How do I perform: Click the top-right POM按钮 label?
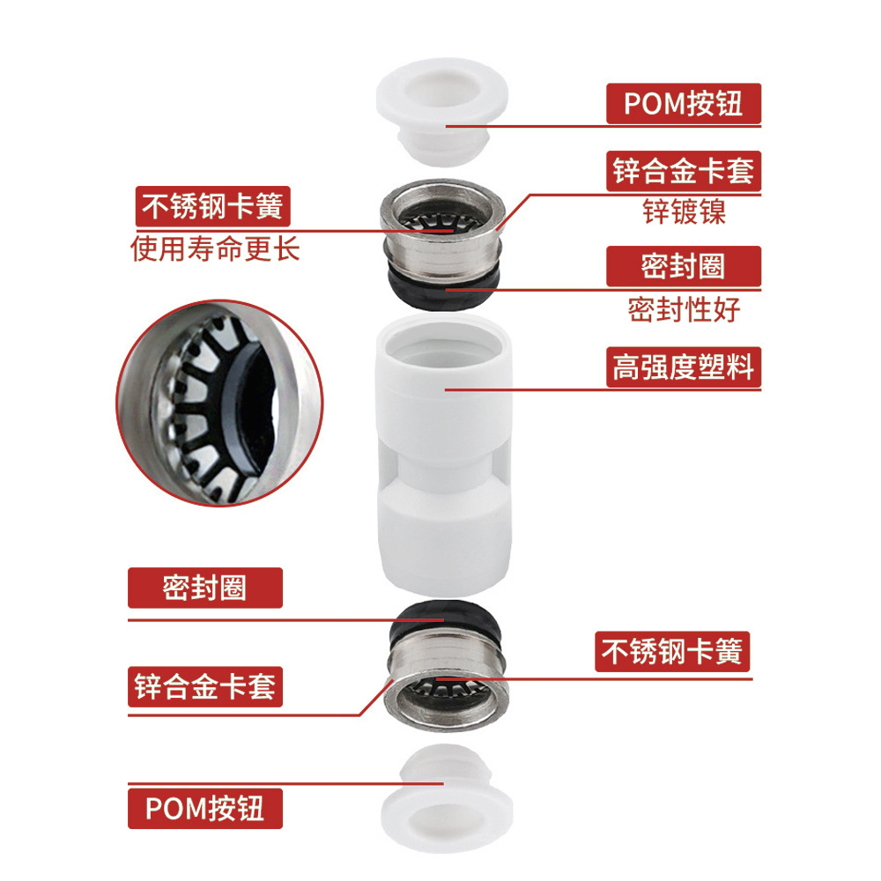[684, 104]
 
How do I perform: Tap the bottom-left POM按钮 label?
[205, 809]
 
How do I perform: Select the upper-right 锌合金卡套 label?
[684, 171]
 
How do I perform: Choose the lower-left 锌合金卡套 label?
[205, 686]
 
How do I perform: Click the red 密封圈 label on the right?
[684, 266]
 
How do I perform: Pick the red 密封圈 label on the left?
[205, 588]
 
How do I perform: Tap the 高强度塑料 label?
[684, 366]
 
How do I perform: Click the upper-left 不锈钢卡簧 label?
[213, 206]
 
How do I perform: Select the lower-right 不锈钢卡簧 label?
[672, 652]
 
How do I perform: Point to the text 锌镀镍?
[685, 212]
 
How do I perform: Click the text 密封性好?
[685, 309]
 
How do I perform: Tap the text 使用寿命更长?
[215, 249]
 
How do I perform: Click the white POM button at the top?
[442, 111]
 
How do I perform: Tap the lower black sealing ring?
[447, 621]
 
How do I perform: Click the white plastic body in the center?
[444, 455]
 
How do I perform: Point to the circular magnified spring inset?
[219, 403]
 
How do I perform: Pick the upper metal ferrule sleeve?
[442, 230]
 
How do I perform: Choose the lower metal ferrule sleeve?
[447, 681]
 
